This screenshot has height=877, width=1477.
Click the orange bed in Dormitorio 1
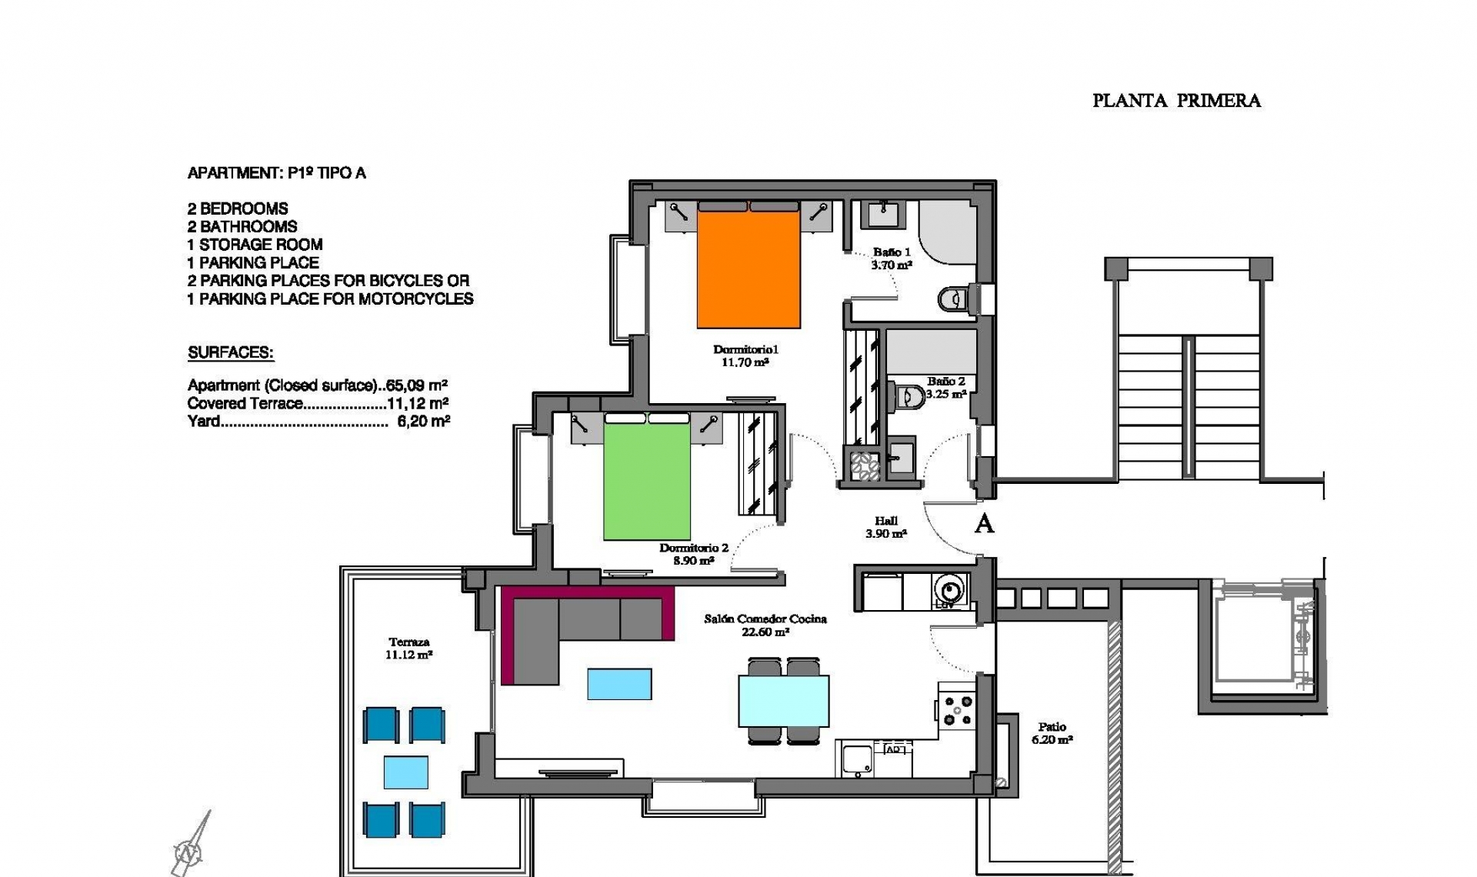(x=749, y=269)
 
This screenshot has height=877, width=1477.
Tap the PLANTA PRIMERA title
(x=1176, y=101)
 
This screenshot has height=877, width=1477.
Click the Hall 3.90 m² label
(x=886, y=527)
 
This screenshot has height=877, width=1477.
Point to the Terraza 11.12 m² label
(x=408, y=649)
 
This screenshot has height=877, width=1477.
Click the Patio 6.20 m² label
(x=1052, y=733)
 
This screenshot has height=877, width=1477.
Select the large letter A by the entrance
(x=985, y=524)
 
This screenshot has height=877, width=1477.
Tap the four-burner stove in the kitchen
(x=956, y=709)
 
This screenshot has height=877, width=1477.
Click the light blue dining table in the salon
(x=784, y=701)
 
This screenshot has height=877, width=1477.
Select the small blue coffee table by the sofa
(x=619, y=684)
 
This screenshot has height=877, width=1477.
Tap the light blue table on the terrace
(x=406, y=772)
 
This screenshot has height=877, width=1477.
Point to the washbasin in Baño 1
(x=883, y=214)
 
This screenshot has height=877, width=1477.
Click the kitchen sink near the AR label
(x=857, y=759)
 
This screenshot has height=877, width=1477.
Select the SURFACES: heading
(x=231, y=353)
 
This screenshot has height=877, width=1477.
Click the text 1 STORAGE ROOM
(x=255, y=245)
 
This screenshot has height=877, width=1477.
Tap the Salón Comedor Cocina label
(x=765, y=619)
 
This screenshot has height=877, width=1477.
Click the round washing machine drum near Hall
(x=950, y=590)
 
